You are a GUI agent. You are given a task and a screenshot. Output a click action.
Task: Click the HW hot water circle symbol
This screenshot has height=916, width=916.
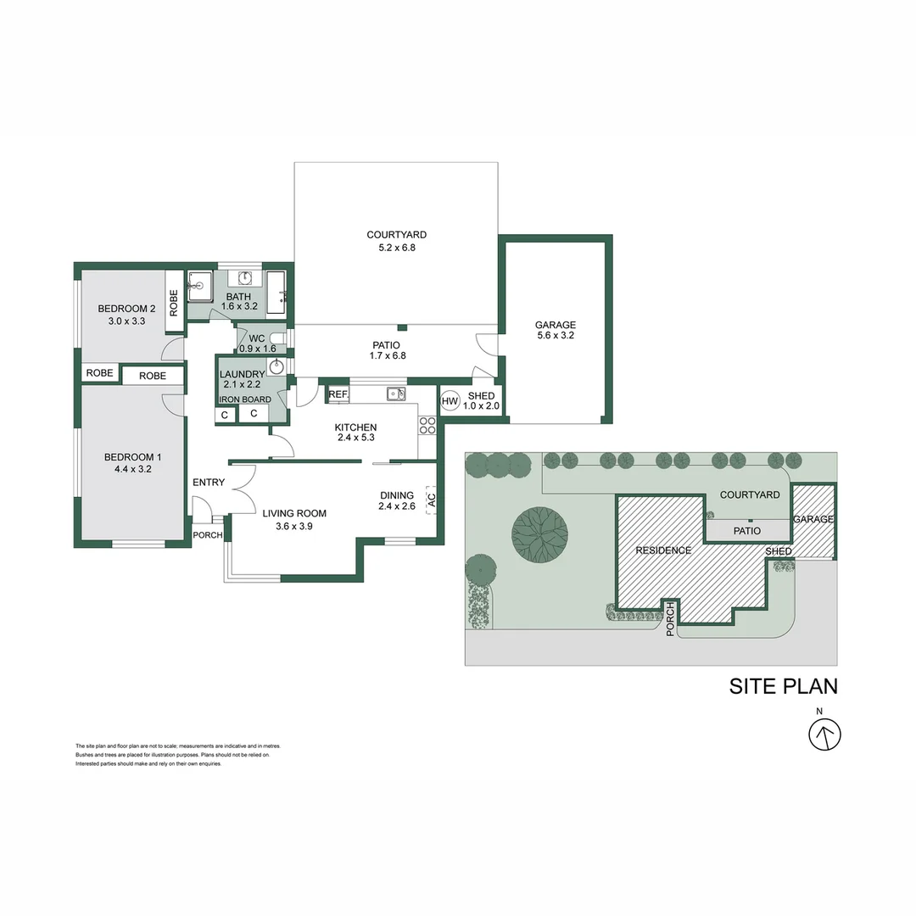(450, 401)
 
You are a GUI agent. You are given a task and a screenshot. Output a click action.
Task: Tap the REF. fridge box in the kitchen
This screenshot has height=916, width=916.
(338, 394)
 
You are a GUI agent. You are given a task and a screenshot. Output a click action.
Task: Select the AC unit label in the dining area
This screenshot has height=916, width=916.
(431, 500)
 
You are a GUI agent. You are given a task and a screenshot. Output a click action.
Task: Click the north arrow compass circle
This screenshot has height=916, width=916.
(825, 734)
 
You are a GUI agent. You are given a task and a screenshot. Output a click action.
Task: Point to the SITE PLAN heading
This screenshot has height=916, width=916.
(783, 686)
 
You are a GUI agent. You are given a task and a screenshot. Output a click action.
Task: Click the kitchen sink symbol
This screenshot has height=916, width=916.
(396, 394)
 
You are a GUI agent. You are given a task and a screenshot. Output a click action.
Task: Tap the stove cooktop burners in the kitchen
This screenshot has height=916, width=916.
(427, 425)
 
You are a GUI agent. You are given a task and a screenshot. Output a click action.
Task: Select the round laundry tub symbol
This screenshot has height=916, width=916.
(276, 366)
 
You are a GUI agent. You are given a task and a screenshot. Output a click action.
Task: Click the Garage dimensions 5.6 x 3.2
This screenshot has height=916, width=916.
(556, 336)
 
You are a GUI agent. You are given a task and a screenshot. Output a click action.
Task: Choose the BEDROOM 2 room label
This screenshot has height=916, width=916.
(126, 308)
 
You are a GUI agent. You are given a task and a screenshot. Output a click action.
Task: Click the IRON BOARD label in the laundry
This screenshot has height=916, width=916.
(245, 399)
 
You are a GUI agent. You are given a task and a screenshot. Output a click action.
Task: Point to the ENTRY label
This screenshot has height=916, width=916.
(209, 483)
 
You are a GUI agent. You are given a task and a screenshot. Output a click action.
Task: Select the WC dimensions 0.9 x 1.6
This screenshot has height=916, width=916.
(257, 349)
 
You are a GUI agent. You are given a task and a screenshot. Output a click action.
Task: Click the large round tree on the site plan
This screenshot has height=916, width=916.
(540, 532)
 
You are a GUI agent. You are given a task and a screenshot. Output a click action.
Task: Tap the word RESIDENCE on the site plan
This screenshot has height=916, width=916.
(663, 550)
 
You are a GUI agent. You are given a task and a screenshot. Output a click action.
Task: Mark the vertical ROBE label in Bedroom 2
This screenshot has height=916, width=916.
(174, 303)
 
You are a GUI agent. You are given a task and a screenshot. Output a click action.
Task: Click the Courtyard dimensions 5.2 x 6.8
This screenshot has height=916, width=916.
(396, 248)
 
